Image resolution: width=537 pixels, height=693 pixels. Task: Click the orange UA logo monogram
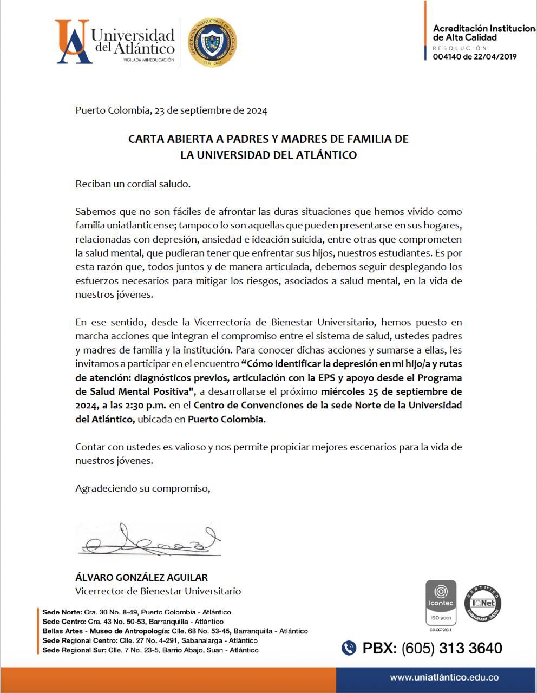click(x=72, y=42)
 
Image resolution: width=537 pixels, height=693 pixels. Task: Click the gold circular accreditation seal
click(x=212, y=42)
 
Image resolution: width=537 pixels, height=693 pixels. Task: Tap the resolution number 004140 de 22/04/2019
click(x=475, y=56)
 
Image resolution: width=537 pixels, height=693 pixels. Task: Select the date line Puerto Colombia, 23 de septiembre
click(x=171, y=110)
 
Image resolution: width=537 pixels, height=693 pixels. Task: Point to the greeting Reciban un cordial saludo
click(x=133, y=184)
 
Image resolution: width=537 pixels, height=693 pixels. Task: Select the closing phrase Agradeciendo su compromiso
click(x=142, y=488)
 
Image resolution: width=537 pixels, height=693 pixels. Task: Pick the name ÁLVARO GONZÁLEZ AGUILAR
click(x=141, y=577)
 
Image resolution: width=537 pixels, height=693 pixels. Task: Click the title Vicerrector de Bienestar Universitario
click(x=158, y=591)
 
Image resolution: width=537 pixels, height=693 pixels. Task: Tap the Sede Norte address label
click(x=62, y=612)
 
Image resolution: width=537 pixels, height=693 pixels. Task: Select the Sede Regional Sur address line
click(x=150, y=650)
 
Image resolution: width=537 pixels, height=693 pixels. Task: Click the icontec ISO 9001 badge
click(x=441, y=603)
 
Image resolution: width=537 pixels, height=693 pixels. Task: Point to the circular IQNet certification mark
click(x=482, y=603)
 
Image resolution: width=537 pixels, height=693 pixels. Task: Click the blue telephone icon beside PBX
click(x=349, y=648)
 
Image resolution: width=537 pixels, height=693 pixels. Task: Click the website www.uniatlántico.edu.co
click(x=444, y=677)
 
